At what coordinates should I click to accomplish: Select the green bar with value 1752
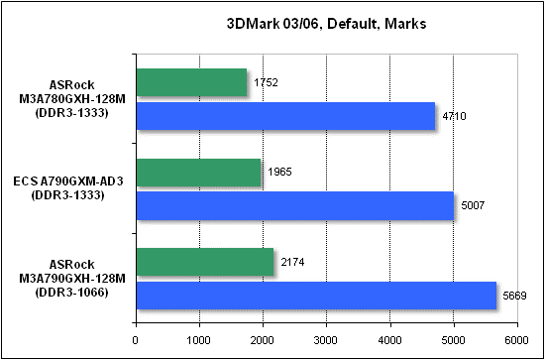tap(190, 82)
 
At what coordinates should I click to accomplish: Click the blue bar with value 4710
tap(284, 116)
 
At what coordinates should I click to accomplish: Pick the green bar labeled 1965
tap(197, 173)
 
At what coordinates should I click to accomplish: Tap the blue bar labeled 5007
tap(293, 205)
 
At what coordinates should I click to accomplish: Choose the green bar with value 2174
tap(204, 262)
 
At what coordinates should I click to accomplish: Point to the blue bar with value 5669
tap(315, 295)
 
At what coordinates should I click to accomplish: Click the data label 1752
tap(265, 82)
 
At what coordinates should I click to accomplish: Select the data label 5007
tap(472, 206)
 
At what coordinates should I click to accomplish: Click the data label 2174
tap(291, 262)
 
